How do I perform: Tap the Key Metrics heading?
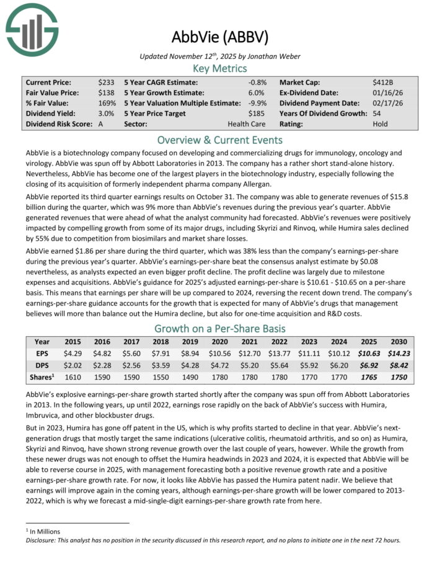(x=220, y=68)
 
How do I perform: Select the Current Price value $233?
(x=105, y=82)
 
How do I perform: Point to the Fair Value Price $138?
(x=105, y=92)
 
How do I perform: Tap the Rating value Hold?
(x=381, y=124)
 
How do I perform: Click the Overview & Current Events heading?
(x=220, y=140)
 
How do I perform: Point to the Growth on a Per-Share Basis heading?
(x=220, y=328)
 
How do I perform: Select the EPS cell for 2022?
(x=279, y=354)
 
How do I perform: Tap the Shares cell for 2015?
(x=74, y=377)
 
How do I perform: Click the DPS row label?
(x=42, y=365)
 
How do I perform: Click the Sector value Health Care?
(x=255, y=124)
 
